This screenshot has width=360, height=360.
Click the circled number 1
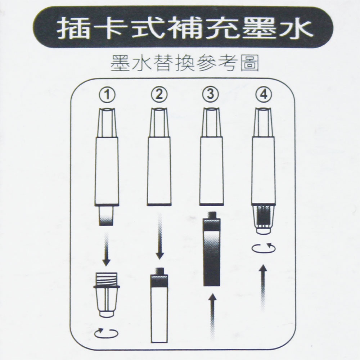click(x=107, y=95)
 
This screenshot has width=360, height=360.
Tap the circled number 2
click(x=159, y=95)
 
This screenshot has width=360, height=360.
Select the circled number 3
click(x=211, y=95)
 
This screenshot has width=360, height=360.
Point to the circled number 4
click(x=264, y=95)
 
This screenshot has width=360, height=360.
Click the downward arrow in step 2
click(x=160, y=237)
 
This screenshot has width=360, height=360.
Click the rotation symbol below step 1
click(x=106, y=333)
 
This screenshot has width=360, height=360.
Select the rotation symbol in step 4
click(x=264, y=248)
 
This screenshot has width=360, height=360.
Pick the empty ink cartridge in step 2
click(x=159, y=305)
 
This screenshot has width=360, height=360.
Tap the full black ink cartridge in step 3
click(x=212, y=249)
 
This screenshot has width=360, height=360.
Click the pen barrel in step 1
click(x=107, y=171)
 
